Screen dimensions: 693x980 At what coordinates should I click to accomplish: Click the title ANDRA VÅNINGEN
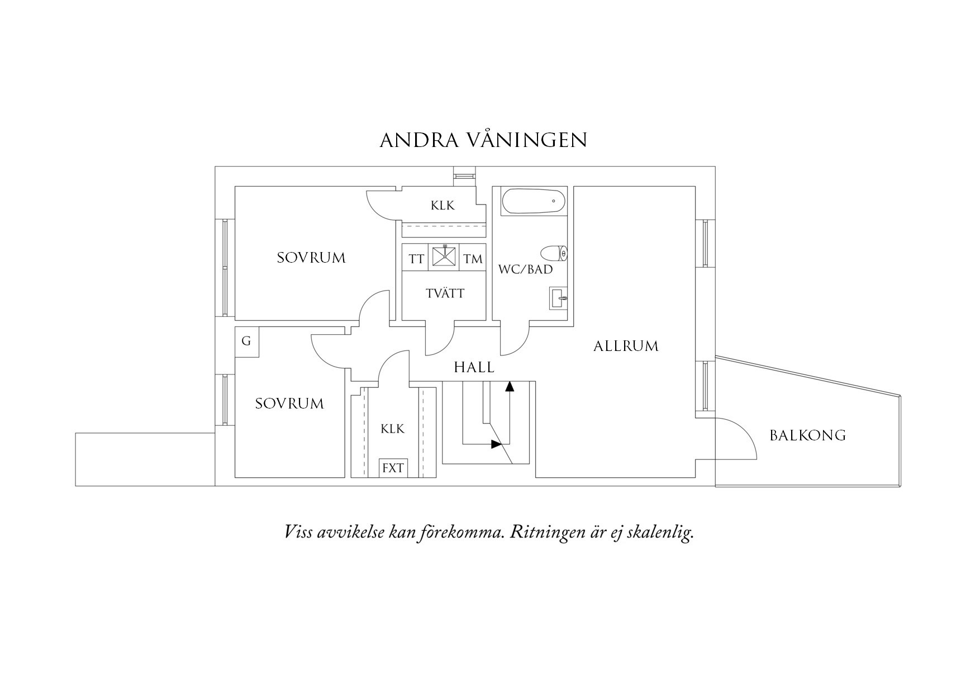point(483,140)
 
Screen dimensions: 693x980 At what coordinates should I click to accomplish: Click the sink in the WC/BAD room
point(558,298)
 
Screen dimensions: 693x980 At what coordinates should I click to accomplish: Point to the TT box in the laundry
point(416,259)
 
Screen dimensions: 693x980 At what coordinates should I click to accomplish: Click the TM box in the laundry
point(473,259)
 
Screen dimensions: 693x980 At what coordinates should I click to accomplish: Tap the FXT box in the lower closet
point(393,468)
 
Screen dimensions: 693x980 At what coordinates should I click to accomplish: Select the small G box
point(246,341)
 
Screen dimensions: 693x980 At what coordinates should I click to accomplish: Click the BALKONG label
point(807,435)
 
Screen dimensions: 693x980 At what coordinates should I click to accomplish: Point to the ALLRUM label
point(626,346)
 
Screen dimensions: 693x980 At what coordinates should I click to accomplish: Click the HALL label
point(474,367)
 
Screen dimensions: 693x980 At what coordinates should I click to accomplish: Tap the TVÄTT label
point(445,293)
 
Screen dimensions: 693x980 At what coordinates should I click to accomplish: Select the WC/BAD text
point(525,269)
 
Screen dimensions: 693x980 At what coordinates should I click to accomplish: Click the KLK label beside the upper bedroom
point(443,206)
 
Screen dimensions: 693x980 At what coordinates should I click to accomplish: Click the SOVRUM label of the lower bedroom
point(289,404)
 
